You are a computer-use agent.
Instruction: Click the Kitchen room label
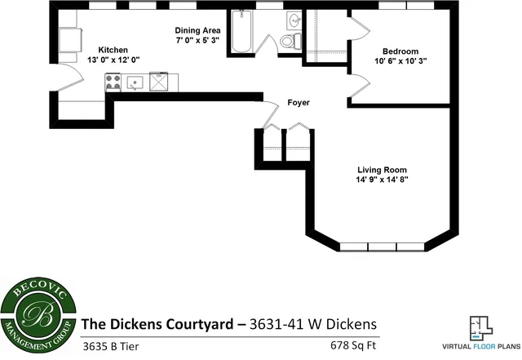tap(113, 49)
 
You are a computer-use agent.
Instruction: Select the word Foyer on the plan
tap(299, 103)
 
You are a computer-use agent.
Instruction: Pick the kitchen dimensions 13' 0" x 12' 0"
tap(113, 60)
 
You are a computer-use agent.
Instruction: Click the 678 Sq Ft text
tap(355, 343)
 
